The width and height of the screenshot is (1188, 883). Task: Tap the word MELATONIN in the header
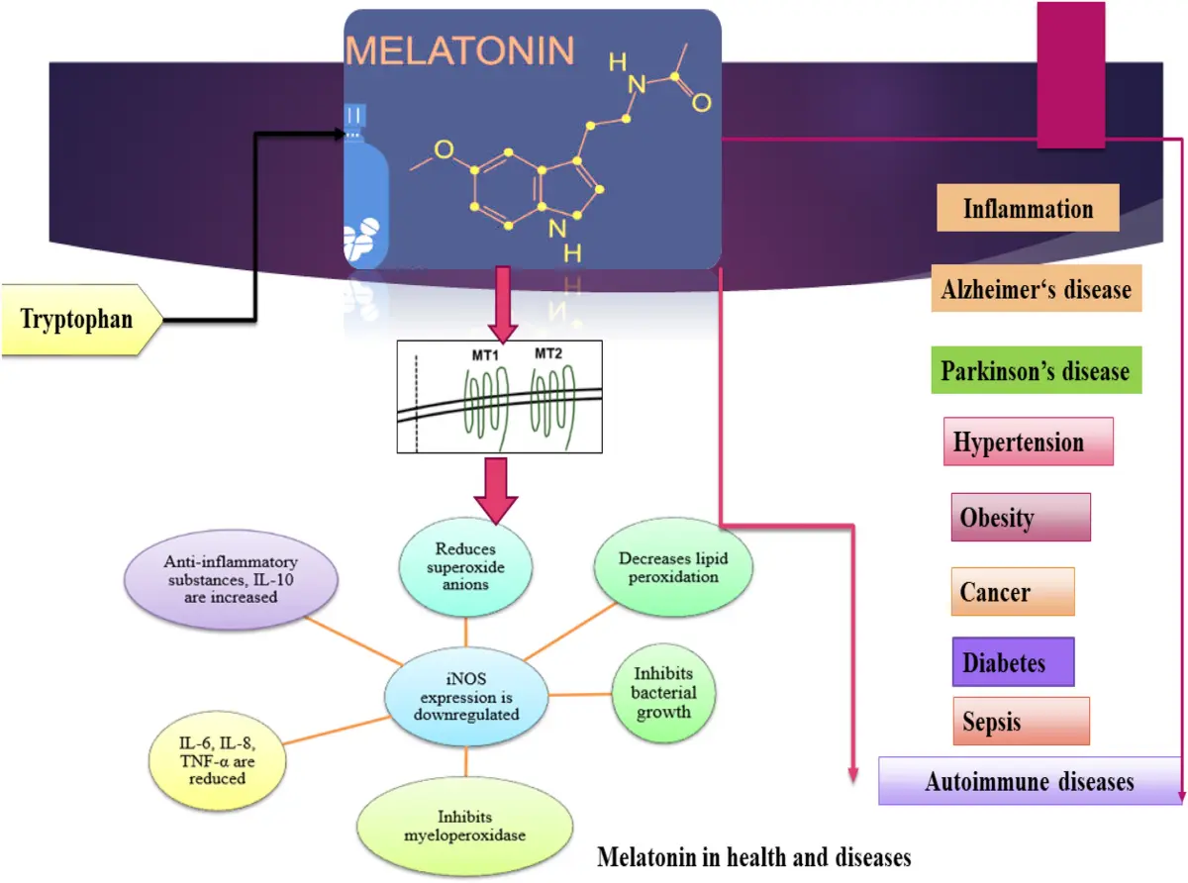coord(460,49)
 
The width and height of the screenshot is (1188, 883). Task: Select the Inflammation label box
coord(1028,209)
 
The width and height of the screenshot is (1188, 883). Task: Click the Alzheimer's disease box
coord(1036,289)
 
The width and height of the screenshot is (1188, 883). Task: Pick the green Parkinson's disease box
coord(1036,371)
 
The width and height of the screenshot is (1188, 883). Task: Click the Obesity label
coord(1020,517)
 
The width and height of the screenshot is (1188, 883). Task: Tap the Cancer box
coord(1011,592)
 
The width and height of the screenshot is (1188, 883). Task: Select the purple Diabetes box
coord(1012,662)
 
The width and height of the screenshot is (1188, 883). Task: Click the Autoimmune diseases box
coord(1030,781)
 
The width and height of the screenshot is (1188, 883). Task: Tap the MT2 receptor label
coord(548,353)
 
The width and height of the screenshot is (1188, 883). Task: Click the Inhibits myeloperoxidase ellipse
coord(465,825)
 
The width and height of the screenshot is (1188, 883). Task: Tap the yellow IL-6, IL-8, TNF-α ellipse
coord(217,759)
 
